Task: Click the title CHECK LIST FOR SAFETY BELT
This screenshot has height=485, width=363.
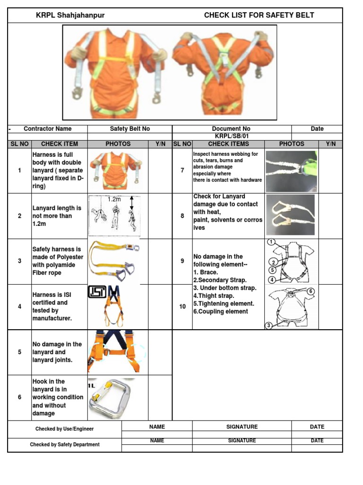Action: (259, 15)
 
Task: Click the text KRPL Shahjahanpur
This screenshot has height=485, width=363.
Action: (70, 15)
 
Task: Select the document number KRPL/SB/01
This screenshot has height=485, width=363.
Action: (232, 136)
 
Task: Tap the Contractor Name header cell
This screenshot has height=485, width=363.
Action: (48, 128)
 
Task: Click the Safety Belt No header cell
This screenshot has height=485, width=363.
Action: (130, 128)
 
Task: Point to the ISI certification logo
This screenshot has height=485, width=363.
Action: (97, 292)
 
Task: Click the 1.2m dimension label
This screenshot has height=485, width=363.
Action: (114, 199)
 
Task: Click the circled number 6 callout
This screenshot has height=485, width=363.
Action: (311, 291)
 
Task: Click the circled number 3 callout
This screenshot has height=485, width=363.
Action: (268, 325)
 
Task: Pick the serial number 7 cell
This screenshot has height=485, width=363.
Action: (182, 170)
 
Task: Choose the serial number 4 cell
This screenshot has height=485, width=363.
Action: (19, 306)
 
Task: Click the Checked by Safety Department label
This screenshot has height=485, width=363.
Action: (65, 445)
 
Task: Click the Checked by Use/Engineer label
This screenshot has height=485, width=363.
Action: (65, 429)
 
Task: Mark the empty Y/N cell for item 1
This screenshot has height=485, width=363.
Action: (160, 170)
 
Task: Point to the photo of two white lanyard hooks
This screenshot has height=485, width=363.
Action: (290, 215)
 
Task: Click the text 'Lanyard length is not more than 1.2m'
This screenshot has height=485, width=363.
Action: (57, 216)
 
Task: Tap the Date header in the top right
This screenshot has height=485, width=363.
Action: (317, 128)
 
